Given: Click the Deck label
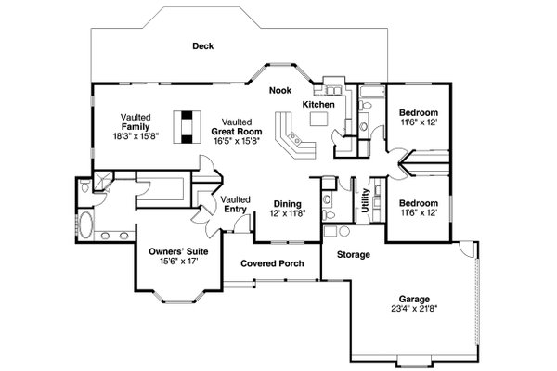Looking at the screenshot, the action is tap(202, 45).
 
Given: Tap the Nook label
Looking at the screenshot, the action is tap(280, 90).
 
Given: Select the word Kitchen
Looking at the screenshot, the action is tap(318, 105).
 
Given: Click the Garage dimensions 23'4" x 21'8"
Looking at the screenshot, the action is tap(414, 309).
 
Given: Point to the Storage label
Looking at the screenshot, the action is tap(354, 254).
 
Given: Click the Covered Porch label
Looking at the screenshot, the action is tap(272, 263).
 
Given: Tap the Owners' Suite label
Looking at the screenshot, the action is tap(178, 251).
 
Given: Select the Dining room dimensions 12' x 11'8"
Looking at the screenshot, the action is tap(288, 213).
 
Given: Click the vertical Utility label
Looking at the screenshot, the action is tap(366, 200).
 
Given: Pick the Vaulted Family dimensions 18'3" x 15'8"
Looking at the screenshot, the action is tap(136, 135).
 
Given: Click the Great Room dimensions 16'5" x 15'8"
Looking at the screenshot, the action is tap(237, 141).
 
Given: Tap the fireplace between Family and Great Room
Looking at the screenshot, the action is tap(187, 127).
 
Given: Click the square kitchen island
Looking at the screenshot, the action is tap(318, 119).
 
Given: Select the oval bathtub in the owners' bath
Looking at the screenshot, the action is tap(85, 225).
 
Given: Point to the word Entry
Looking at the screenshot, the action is tap(235, 209).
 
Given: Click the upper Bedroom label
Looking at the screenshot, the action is tap(419, 113).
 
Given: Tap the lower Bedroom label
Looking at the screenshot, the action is tap(419, 203).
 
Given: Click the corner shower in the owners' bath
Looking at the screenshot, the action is tap(102, 181).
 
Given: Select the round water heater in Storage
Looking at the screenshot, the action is tap(344, 232).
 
